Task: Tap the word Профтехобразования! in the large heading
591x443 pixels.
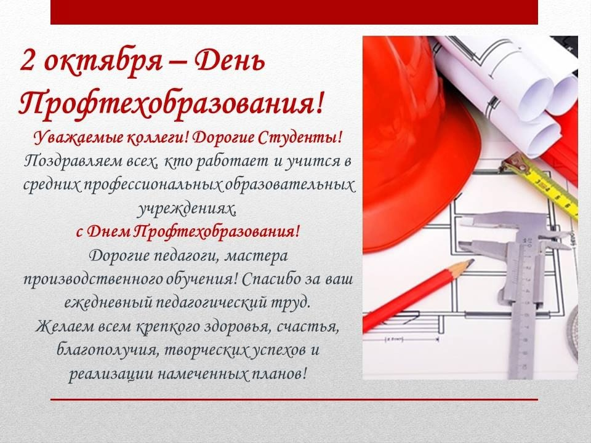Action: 171,102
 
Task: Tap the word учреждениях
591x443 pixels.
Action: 186,209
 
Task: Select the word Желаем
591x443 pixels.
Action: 64,326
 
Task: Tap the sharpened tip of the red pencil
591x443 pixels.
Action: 472,261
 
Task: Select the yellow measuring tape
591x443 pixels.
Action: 543,185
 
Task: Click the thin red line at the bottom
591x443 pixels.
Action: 294,399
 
